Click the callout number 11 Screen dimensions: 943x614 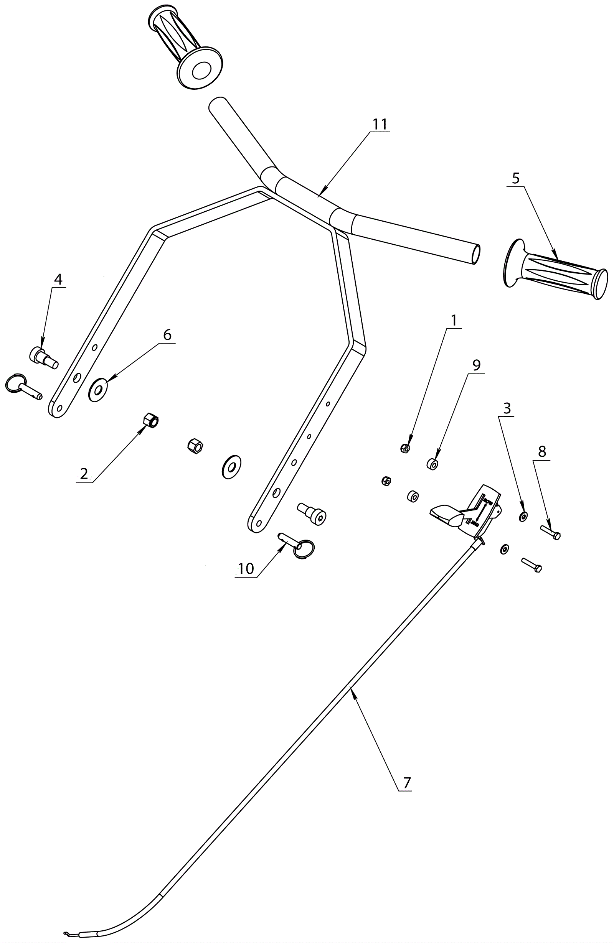tap(380, 124)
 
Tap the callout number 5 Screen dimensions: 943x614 tap(515, 178)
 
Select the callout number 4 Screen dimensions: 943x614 tap(58, 280)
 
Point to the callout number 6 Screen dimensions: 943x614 tap(167, 335)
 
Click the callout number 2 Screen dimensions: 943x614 tap(84, 474)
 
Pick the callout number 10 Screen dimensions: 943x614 tap(246, 569)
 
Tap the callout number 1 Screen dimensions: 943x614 tap(454, 320)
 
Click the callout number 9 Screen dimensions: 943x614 tap(476, 365)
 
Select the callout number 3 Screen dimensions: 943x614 tap(507, 408)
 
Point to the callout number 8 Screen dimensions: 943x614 tap(542, 451)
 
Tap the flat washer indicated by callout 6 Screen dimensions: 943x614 tap(98, 390)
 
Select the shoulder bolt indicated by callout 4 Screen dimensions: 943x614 tap(44, 355)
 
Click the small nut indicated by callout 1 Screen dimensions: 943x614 tap(405, 448)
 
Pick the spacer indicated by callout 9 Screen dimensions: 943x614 tap(432, 464)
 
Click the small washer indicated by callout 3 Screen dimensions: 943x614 tap(523, 516)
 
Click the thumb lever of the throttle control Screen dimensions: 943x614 tap(446, 515)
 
